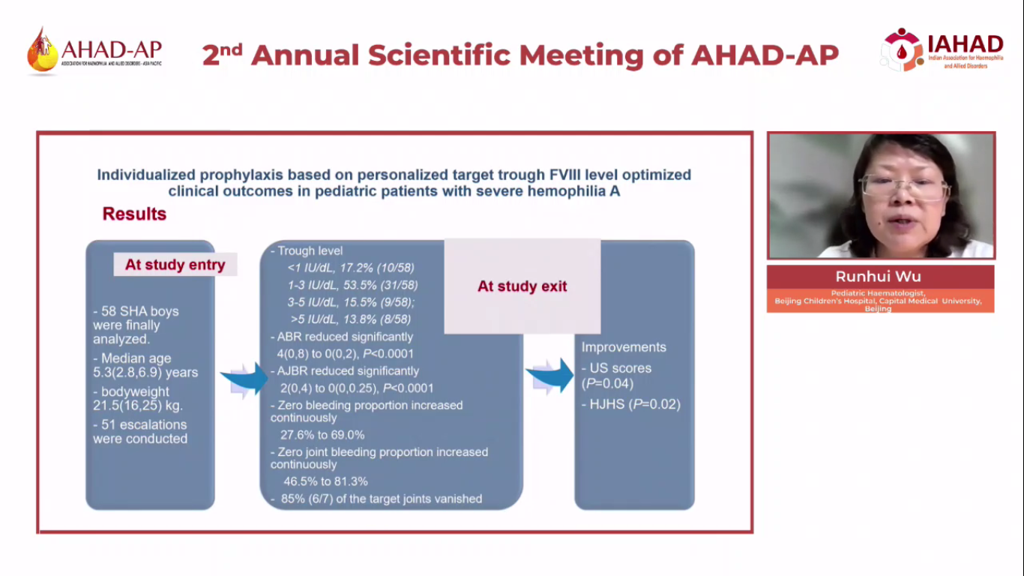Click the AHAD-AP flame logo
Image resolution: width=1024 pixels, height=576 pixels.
[41, 51]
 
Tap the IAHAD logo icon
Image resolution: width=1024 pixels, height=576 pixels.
[902, 49]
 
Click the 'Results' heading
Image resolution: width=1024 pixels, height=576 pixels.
[134, 214]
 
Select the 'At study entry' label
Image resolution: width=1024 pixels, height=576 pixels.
[175, 265]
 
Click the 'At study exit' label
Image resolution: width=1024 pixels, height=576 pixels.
[522, 286]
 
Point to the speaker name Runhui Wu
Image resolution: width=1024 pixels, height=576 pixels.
[880, 277]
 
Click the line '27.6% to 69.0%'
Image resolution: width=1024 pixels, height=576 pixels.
[322, 435]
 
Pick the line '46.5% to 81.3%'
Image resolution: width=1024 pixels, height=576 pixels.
[325, 481]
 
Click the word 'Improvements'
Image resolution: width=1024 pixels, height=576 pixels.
[624, 347]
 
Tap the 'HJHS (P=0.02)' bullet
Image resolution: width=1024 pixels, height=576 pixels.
[631, 405]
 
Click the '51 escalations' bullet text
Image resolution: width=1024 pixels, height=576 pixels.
[139, 424]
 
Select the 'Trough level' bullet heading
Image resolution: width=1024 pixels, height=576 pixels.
[310, 251]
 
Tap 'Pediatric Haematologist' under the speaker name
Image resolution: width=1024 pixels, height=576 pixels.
[879, 293]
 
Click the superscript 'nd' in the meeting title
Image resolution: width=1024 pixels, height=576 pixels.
[232, 47]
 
